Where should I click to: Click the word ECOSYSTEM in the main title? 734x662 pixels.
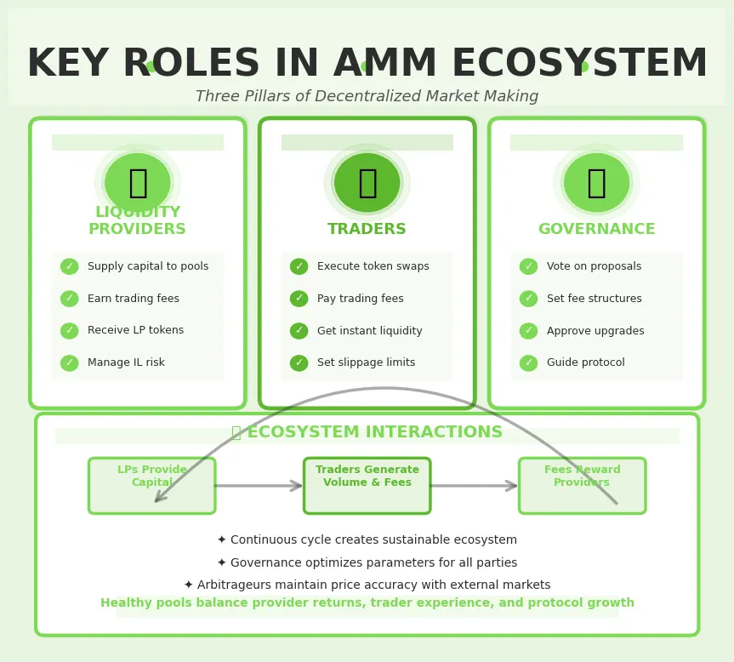[578, 65]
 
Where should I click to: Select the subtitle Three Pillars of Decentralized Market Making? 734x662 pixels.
[367, 97]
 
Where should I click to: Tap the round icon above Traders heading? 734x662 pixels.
[367, 182]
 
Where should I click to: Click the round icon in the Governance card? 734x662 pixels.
[596, 182]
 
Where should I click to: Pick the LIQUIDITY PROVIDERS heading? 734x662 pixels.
[137, 221]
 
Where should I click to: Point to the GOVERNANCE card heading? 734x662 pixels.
[596, 230]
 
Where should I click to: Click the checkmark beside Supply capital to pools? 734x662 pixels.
[70, 266]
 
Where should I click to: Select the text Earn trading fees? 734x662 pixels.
[133, 299]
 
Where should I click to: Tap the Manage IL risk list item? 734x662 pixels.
[126, 363]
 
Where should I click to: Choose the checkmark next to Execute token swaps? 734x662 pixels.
[299, 266]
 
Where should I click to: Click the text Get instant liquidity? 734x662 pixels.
[369, 331]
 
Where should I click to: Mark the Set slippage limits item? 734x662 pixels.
[366, 363]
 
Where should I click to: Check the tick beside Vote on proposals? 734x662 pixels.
[529, 266]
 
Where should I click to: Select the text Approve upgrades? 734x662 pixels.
[595, 331]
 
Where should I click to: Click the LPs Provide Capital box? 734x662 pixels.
[151, 486]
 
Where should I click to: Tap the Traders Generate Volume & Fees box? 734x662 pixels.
[367, 486]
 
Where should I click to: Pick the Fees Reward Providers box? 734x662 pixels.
[582, 486]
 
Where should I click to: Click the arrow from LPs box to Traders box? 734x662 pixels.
[259, 486]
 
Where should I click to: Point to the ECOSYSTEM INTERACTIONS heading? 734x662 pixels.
[367, 433]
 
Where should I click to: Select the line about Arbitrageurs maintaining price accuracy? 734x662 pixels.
[367, 585]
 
